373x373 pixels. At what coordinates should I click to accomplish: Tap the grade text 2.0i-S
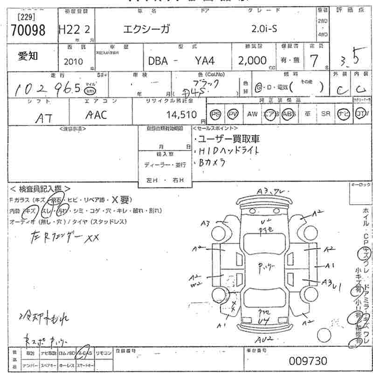coord(264,29)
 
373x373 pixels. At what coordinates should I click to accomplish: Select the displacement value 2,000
coord(252,61)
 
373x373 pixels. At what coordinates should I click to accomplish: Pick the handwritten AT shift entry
coord(44,118)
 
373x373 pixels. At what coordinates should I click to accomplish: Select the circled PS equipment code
coord(215,114)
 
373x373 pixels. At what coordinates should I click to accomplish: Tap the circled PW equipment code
coord(232,114)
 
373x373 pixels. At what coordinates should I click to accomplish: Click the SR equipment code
coord(325,114)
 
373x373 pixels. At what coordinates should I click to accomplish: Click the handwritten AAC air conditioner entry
coord(97,115)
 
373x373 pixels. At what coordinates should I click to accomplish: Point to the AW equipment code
coord(252,114)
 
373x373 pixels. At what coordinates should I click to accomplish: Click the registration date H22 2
coord(74,30)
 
